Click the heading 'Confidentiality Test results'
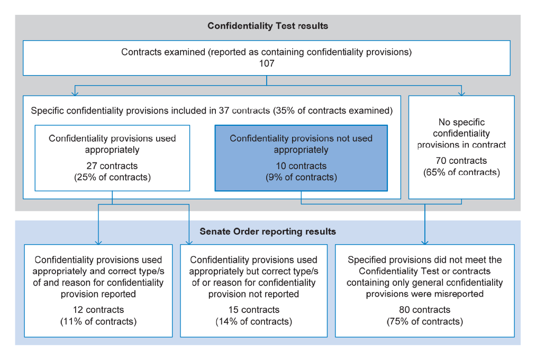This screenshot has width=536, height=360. coord(268,26)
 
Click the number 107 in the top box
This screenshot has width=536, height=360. coord(267,63)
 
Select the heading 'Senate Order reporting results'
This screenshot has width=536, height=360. coord(268,232)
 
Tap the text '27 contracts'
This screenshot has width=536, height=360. coord(112,166)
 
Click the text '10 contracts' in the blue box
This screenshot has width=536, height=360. coord(301,166)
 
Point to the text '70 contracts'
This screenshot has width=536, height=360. coord(461,161)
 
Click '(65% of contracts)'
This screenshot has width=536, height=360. coord(461,172)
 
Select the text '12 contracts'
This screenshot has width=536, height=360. coord(98,310)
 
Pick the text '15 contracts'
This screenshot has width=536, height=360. coord(253,310)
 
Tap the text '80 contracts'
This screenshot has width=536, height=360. coord(424,310)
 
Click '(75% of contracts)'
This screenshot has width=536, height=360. coord(425,321)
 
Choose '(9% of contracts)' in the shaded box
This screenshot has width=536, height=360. coord(301,177)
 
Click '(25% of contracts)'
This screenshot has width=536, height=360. coord(113,177)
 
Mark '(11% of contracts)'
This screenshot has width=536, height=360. coord(98,321)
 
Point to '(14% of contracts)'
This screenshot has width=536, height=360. coord(253,321)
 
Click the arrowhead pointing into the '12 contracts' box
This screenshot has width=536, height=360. coord(98,243)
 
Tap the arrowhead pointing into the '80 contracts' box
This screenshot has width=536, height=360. coord(425,243)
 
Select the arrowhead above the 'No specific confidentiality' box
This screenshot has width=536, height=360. coord(461,93)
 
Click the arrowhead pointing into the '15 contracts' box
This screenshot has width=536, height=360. coord(189,243)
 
